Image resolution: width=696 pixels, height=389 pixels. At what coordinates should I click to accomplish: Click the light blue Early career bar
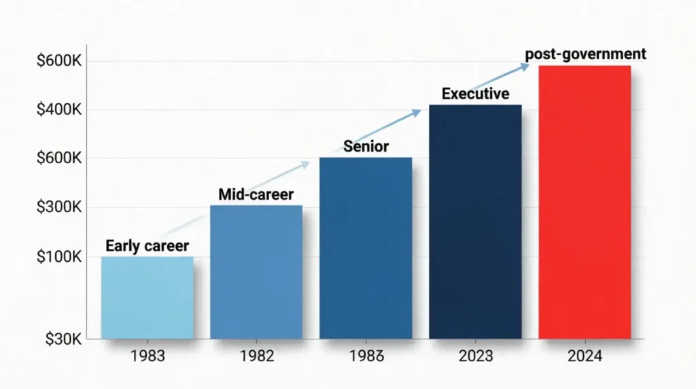click(x=147, y=297)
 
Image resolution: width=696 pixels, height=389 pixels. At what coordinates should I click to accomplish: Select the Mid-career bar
click(x=256, y=272)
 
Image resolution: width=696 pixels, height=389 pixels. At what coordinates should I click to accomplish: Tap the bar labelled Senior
click(x=366, y=248)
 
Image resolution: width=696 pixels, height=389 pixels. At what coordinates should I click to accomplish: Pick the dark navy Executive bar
click(x=475, y=221)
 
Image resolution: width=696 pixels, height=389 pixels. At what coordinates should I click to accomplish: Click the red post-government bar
click(x=585, y=202)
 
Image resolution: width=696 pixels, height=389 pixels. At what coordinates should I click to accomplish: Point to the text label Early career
click(x=147, y=246)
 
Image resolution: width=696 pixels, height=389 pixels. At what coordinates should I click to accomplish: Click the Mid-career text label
click(x=257, y=194)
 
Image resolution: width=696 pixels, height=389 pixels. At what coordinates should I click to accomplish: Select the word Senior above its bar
click(x=366, y=146)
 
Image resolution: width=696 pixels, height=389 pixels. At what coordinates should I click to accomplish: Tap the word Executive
click(x=475, y=94)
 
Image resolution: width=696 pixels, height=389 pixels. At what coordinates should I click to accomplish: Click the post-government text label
click(x=585, y=54)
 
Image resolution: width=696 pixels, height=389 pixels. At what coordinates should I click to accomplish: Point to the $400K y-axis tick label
click(x=59, y=110)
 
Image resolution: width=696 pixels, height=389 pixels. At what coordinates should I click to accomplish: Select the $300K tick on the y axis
click(x=59, y=207)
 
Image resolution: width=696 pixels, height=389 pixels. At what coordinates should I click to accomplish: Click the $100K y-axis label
click(x=59, y=257)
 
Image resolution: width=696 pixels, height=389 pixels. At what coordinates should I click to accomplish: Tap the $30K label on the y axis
click(x=63, y=338)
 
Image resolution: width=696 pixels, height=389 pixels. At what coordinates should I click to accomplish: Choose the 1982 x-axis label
click(x=256, y=356)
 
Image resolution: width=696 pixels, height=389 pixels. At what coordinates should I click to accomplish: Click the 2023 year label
click(x=475, y=356)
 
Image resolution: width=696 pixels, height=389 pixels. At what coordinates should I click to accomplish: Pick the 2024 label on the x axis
click(x=585, y=356)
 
